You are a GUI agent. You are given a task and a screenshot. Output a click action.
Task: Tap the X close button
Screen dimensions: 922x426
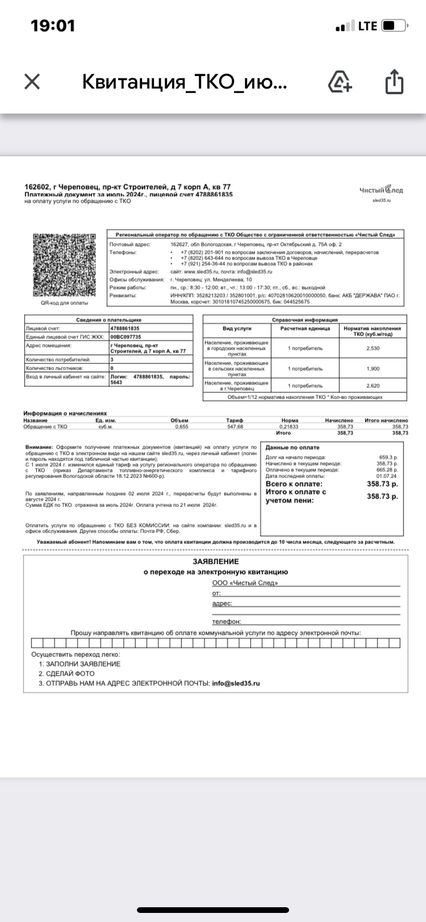[x=32, y=82]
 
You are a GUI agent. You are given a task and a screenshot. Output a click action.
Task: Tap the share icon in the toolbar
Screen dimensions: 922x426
[x=394, y=82]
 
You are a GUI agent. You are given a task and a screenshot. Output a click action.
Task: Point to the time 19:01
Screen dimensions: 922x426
[x=52, y=26]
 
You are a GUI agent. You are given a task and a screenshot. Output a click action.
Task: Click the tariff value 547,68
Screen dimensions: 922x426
[x=235, y=426]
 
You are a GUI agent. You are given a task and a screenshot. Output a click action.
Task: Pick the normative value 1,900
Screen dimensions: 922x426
[x=373, y=368]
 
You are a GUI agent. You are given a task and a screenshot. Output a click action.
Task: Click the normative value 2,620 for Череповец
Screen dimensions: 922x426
[x=373, y=386]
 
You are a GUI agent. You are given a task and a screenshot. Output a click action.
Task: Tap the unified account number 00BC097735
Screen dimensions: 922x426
[x=126, y=337]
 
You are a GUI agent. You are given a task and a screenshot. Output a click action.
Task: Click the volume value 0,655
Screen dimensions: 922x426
[x=182, y=426]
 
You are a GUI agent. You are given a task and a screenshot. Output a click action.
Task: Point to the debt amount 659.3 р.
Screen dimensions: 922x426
[x=389, y=457]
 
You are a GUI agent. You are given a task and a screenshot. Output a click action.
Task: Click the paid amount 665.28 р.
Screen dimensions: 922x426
[x=387, y=470]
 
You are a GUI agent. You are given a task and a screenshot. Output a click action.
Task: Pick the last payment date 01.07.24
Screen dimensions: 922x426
[x=387, y=476]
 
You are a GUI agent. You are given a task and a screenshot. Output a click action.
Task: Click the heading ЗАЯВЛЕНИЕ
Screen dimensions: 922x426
[x=216, y=561]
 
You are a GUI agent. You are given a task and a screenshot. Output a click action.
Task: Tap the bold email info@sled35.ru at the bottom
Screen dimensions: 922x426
[x=236, y=684]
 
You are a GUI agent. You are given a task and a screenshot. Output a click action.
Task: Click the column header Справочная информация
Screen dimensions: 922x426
[x=305, y=320]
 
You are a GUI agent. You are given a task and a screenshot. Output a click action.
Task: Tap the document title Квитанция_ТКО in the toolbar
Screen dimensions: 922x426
[x=185, y=82]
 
